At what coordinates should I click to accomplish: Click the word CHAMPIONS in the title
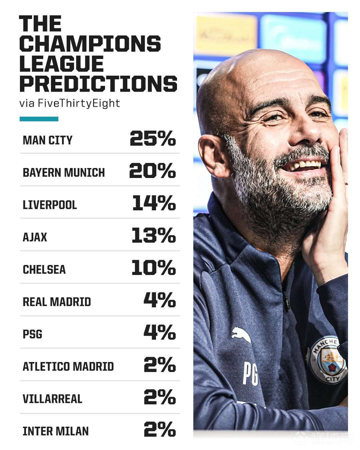[x=90, y=44]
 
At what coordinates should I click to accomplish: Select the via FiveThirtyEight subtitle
[x=69, y=103]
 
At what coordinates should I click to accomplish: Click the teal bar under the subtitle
[x=39, y=119]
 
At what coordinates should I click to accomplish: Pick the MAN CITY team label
[x=47, y=140]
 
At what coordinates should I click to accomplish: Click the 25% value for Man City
[x=153, y=138]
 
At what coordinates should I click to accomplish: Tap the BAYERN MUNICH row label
[x=64, y=173]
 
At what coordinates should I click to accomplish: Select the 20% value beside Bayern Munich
[x=152, y=171]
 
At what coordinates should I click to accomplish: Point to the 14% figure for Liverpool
[x=154, y=203]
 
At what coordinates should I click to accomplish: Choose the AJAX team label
[x=35, y=237]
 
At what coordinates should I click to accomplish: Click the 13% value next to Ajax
[x=154, y=235]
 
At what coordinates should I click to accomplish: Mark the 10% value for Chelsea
[x=154, y=268]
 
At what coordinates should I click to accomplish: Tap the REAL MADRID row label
[x=57, y=302]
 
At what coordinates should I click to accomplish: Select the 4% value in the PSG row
[x=160, y=332]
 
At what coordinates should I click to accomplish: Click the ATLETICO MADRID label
[x=68, y=367]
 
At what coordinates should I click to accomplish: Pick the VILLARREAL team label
[x=52, y=399]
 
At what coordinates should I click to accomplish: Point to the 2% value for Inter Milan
[x=160, y=429]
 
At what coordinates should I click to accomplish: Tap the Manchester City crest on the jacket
[x=327, y=359]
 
